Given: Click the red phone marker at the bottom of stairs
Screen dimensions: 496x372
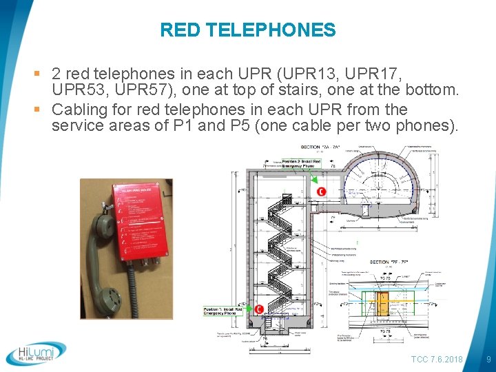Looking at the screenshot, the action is (x=258, y=309).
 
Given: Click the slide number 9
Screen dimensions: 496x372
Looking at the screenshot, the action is (x=488, y=360).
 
